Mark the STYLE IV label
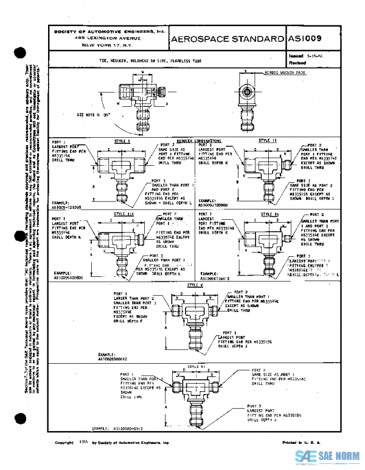click(267, 214)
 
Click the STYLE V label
click(195, 284)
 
